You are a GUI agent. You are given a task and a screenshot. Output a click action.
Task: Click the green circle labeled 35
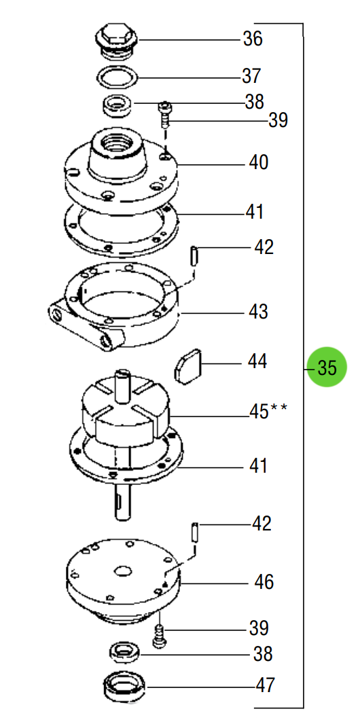327,367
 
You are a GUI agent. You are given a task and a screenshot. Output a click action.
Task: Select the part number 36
253,39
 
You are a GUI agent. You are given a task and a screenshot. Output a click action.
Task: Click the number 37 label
252,75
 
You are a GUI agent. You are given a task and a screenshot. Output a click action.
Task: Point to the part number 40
258,162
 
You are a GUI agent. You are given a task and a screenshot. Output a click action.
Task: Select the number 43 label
258,312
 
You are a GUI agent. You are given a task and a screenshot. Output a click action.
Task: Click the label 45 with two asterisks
268,411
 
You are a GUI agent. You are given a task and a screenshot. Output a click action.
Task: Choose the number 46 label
263,581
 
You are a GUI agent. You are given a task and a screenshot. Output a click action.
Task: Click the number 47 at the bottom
265,685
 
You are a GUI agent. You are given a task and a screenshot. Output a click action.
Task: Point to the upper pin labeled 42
195,257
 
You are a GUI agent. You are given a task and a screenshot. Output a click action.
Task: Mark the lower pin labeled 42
195,531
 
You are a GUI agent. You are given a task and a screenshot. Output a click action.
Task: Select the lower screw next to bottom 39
160,636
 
